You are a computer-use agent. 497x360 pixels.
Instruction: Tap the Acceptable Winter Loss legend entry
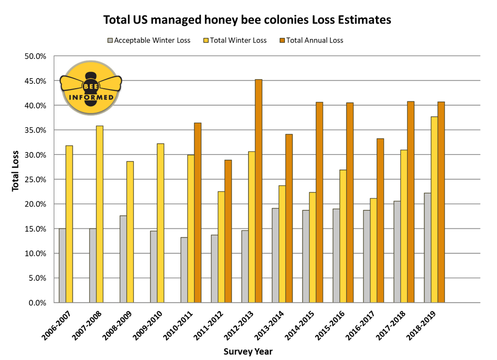(149, 40)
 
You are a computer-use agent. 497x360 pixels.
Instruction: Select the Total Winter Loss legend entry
(234, 40)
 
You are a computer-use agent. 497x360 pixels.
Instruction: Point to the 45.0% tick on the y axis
(35, 81)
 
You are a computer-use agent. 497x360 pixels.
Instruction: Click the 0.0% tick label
(36, 303)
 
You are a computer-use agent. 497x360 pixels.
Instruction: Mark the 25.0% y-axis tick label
(35, 180)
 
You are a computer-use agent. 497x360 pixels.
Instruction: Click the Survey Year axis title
(248, 351)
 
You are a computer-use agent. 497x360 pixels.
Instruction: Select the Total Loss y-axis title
(16, 171)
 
